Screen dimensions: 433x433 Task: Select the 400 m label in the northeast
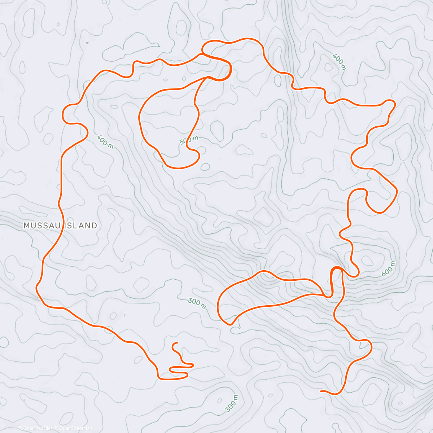pyautogui.click(x=339, y=62)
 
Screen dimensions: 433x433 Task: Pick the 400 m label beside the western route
pyautogui.click(x=105, y=141)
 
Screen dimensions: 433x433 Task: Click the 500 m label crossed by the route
pyautogui.click(x=189, y=140)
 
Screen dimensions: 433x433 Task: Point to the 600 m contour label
pyautogui.click(x=389, y=269)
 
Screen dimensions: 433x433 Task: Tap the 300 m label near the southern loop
pyautogui.click(x=197, y=303)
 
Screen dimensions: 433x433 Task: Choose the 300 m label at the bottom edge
pyautogui.click(x=231, y=403)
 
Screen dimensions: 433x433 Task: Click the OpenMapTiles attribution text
pyautogui.click(x=38, y=429)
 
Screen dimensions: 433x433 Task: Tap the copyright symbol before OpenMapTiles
pyautogui.click(x=20, y=429)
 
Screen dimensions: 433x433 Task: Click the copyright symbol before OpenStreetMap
pyautogui.click(x=57, y=429)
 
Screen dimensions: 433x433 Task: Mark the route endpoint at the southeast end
pyautogui.click(x=321, y=391)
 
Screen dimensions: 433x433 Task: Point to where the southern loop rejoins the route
pyautogui.click(x=328, y=297)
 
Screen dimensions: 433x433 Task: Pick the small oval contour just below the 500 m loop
pyautogui.click(x=205, y=167)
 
